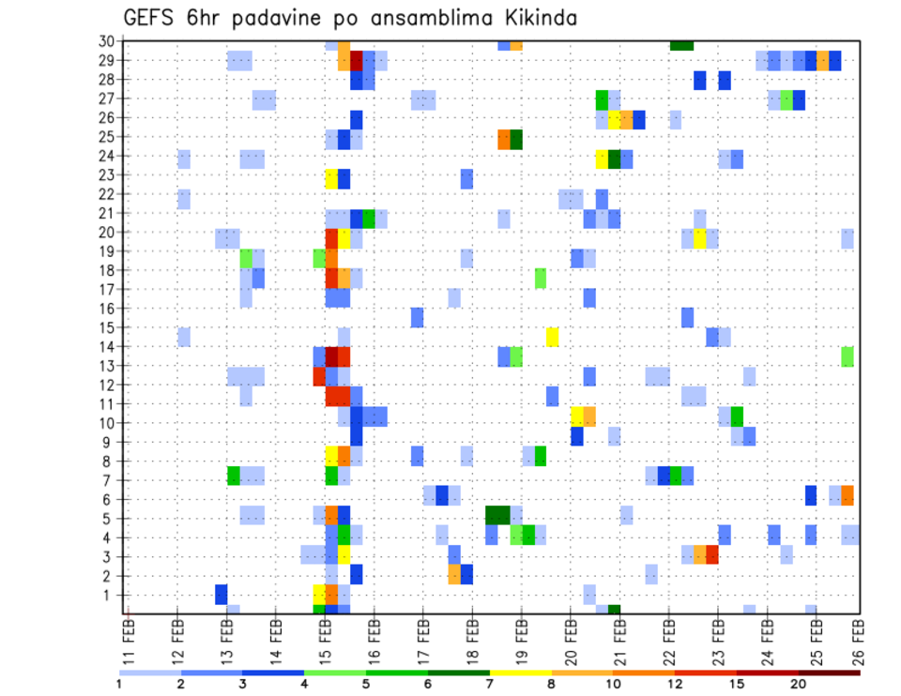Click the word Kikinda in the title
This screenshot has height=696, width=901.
click(x=531, y=18)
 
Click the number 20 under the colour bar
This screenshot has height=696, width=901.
click(x=799, y=683)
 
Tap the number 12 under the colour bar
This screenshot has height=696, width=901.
click(x=675, y=683)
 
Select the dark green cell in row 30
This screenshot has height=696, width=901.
click(x=681, y=44)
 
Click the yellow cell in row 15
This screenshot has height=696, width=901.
click(x=552, y=337)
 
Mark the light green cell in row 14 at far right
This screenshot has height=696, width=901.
click(x=848, y=356)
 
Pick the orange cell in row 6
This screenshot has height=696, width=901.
click(x=848, y=495)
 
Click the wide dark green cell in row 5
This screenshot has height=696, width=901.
click(x=497, y=515)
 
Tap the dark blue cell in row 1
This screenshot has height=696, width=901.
click(x=221, y=595)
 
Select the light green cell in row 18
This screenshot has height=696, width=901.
click(x=541, y=278)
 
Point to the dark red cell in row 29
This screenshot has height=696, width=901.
click(x=357, y=61)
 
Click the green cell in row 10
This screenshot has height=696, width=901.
click(x=737, y=416)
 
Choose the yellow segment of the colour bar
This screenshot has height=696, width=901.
click(x=521, y=672)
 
